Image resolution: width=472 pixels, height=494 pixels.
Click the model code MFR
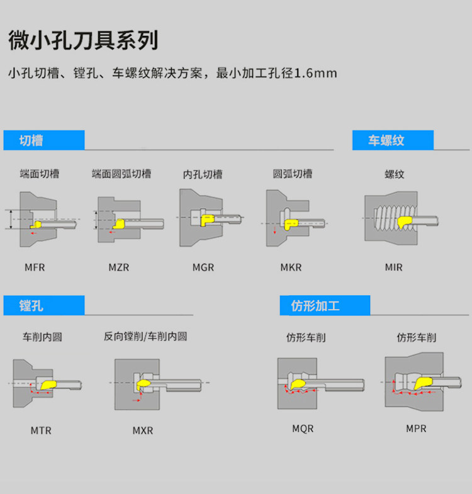(x=35, y=267)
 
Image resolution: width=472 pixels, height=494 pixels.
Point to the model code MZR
(x=118, y=267)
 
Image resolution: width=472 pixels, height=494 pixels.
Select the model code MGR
(x=203, y=267)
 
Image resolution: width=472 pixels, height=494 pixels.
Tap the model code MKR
(x=291, y=267)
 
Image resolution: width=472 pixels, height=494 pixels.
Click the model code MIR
(x=394, y=267)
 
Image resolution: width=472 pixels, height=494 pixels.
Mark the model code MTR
(x=41, y=431)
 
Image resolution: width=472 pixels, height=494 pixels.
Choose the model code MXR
(x=142, y=431)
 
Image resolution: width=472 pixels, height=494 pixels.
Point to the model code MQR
(x=303, y=429)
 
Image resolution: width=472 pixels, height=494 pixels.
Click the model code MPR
(x=416, y=429)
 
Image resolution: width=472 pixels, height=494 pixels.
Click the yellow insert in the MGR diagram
(x=207, y=219)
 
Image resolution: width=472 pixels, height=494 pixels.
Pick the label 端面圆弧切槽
(x=121, y=174)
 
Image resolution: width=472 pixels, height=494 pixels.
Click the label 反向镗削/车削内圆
(x=145, y=337)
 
